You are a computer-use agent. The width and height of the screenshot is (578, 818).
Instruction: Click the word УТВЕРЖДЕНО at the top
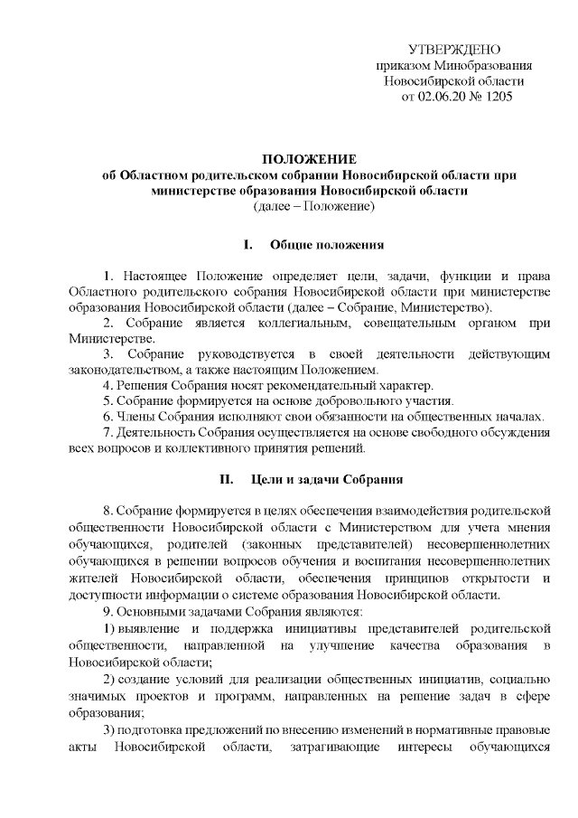click(454, 49)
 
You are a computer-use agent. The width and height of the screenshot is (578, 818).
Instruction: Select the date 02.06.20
click(440, 96)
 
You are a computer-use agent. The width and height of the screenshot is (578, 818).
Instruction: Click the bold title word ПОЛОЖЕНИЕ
click(314, 159)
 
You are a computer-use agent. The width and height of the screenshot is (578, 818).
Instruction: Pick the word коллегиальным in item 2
click(297, 323)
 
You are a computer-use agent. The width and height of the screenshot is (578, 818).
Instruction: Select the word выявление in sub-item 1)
click(150, 627)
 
